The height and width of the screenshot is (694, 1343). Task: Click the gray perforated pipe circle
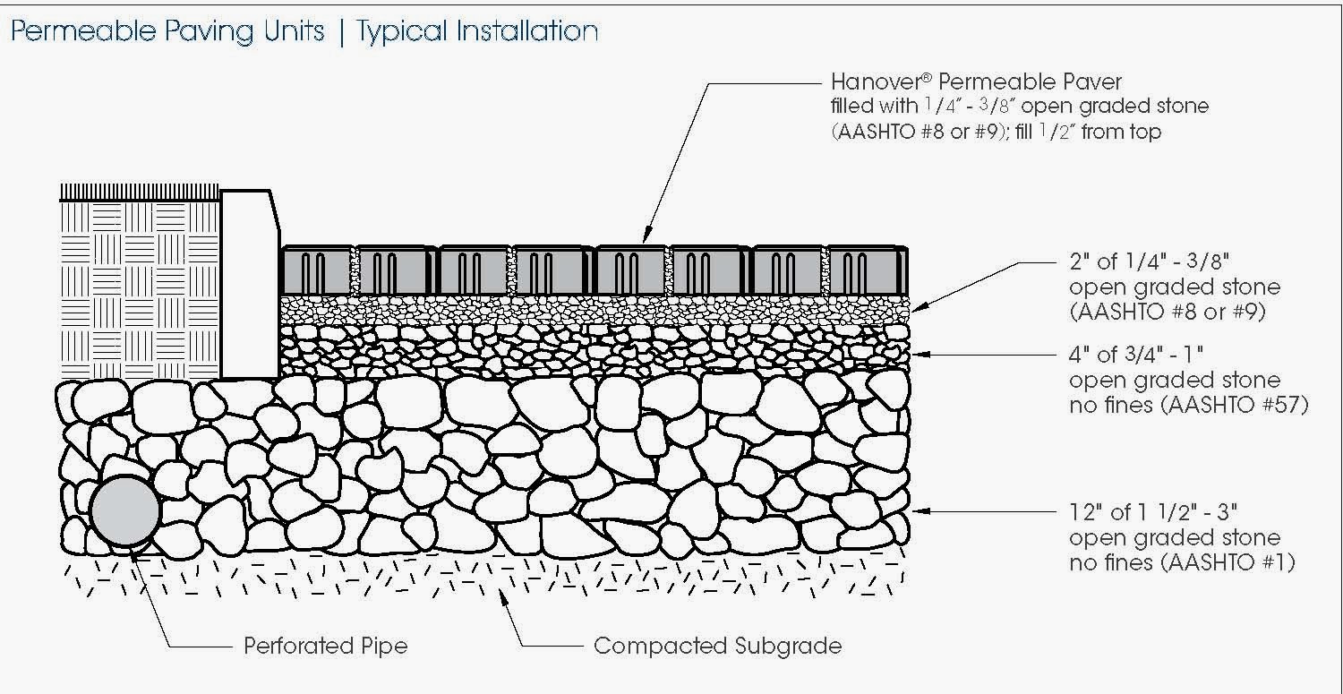pyautogui.click(x=125, y=510)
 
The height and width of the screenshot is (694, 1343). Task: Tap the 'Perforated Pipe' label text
pyautogui.click(x=325, y=646)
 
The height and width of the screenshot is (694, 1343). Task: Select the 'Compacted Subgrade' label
pyautogui.click(x=717, y=646)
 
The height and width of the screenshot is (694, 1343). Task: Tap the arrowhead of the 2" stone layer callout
pyautogui.click(x=917, y=307)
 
